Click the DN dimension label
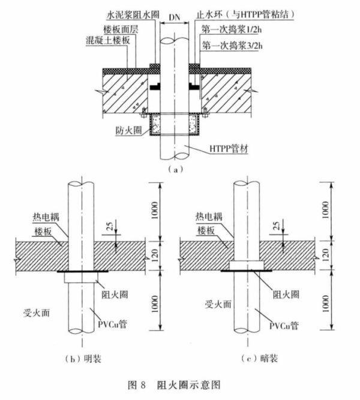tap(175, 17)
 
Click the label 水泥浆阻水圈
tap(133, 14)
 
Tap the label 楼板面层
tap(121, 29)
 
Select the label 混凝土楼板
tap(108, 40)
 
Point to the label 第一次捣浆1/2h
tap(232, 29)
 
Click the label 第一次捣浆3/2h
tap(232, 46)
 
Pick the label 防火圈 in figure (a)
tap(128, 131)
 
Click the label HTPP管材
tap(229, 148)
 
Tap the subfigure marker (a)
tap(175, 170)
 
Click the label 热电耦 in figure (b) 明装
tap(46, 217)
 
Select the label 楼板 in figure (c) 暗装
tap(206, 231)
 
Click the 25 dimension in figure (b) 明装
tap(110, 226)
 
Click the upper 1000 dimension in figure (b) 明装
tap(154, 210)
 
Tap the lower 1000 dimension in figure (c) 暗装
tap(325, 303)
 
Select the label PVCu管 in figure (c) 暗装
tap(284, 326)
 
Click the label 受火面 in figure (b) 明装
tap(37, 313)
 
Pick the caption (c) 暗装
tap(259, 359)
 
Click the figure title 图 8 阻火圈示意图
tap(174, 384)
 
